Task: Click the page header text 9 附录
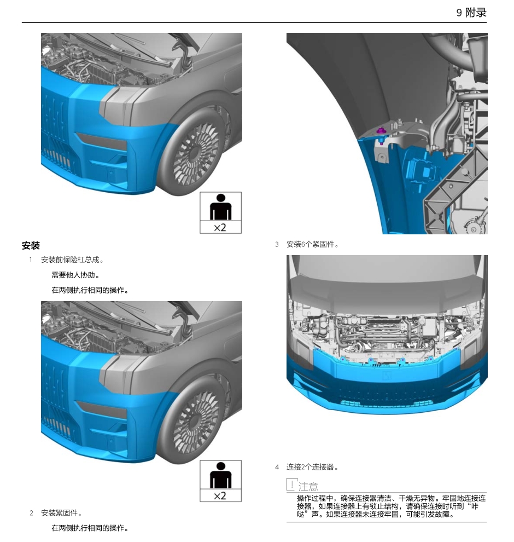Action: [471, 12]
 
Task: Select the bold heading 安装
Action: [31, 246]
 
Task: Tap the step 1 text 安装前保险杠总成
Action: [72, 260]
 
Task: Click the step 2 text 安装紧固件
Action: [62, 513]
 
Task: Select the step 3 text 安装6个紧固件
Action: [312, 244]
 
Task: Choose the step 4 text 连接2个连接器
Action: [312, 467]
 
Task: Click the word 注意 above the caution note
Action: [308, 486]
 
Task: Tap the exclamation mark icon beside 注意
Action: [292, 485]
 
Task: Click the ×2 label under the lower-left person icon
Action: [220, 496]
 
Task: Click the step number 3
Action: [277, 244]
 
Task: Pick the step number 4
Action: [277, 467]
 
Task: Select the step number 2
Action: [31, 513]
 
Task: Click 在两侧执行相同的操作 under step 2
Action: [90, 528]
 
